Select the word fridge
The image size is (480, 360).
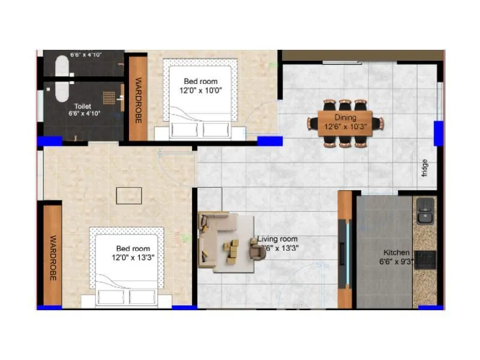point(425,167)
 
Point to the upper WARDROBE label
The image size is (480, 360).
point(137,100)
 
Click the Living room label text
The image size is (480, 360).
point(277,239)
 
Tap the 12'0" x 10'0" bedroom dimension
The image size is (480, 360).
point(200,91)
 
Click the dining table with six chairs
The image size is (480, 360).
point(345,123)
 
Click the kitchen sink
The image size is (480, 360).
point(425,211)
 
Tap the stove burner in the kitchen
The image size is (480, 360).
point(425,259)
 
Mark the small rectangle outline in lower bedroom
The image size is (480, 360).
point(129,195)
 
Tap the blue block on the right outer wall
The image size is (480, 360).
point(439,133)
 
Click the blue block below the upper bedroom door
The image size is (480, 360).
point(270,141)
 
